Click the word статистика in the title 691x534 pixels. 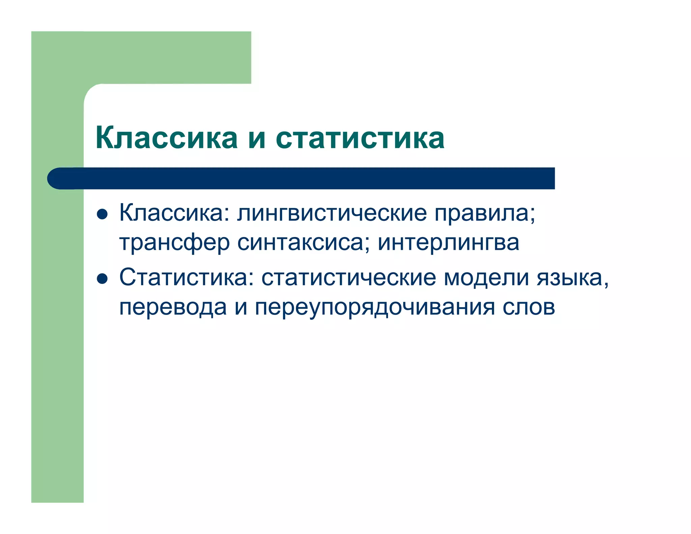tap(360, 138)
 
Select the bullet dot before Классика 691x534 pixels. tap(102, 214)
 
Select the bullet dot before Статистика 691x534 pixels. tap(102, 279)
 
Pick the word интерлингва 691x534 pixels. tap(448, 243)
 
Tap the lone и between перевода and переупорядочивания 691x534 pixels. tap(241, 308)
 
